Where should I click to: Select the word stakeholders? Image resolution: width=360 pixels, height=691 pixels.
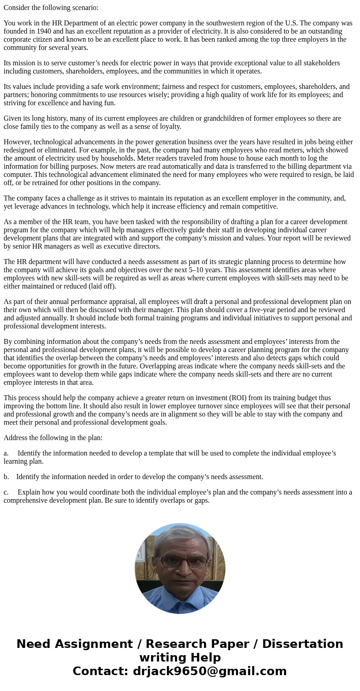coord(319,63)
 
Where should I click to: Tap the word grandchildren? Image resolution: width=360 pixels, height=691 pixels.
coord(227,118)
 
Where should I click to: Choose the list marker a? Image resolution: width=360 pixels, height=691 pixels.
coord(6,453)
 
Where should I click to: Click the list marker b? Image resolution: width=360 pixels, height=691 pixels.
coord(6,477)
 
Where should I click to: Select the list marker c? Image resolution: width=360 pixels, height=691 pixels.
coord(6,492)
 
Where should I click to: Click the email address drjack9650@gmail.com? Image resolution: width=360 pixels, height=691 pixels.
coord(209,671)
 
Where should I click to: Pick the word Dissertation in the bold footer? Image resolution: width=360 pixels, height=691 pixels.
coord(302,644)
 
